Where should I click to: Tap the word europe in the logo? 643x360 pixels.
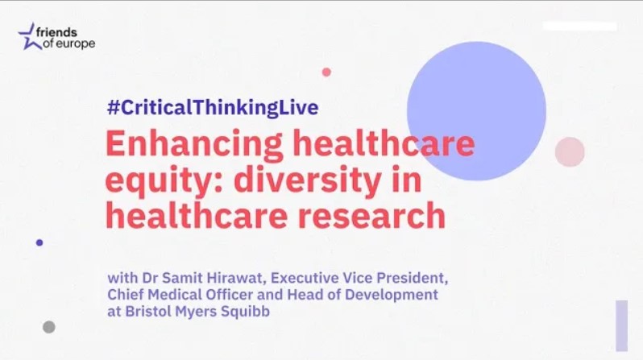click(75, 43)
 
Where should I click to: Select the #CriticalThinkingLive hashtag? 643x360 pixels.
click(213, 108)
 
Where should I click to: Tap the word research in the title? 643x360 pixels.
click(371, 216)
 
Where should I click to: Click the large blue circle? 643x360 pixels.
click(476, 110)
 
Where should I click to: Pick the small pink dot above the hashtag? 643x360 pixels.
click(326, 72)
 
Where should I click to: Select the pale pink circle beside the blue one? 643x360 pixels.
click(570, 151)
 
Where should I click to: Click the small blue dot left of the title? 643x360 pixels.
click(39, 242)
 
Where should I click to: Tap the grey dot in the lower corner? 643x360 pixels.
click(49, 327)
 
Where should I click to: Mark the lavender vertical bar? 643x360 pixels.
click(622, 325)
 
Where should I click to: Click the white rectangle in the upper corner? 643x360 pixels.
click(580, 27)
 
